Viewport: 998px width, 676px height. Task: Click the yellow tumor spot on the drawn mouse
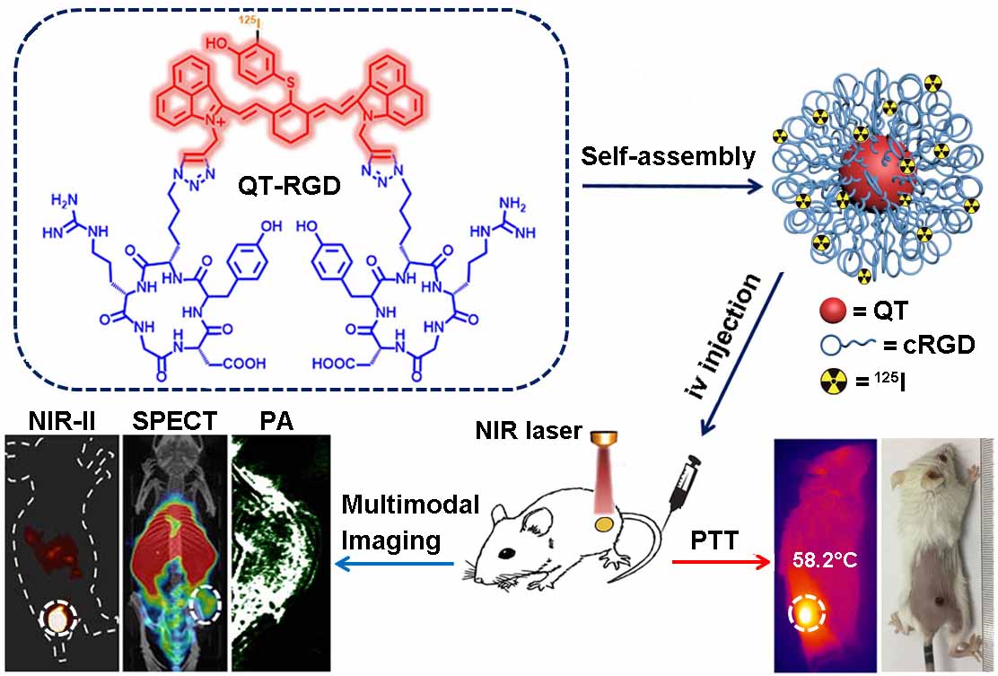coord(607,523)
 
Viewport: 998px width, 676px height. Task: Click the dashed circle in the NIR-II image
coord(57,619)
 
